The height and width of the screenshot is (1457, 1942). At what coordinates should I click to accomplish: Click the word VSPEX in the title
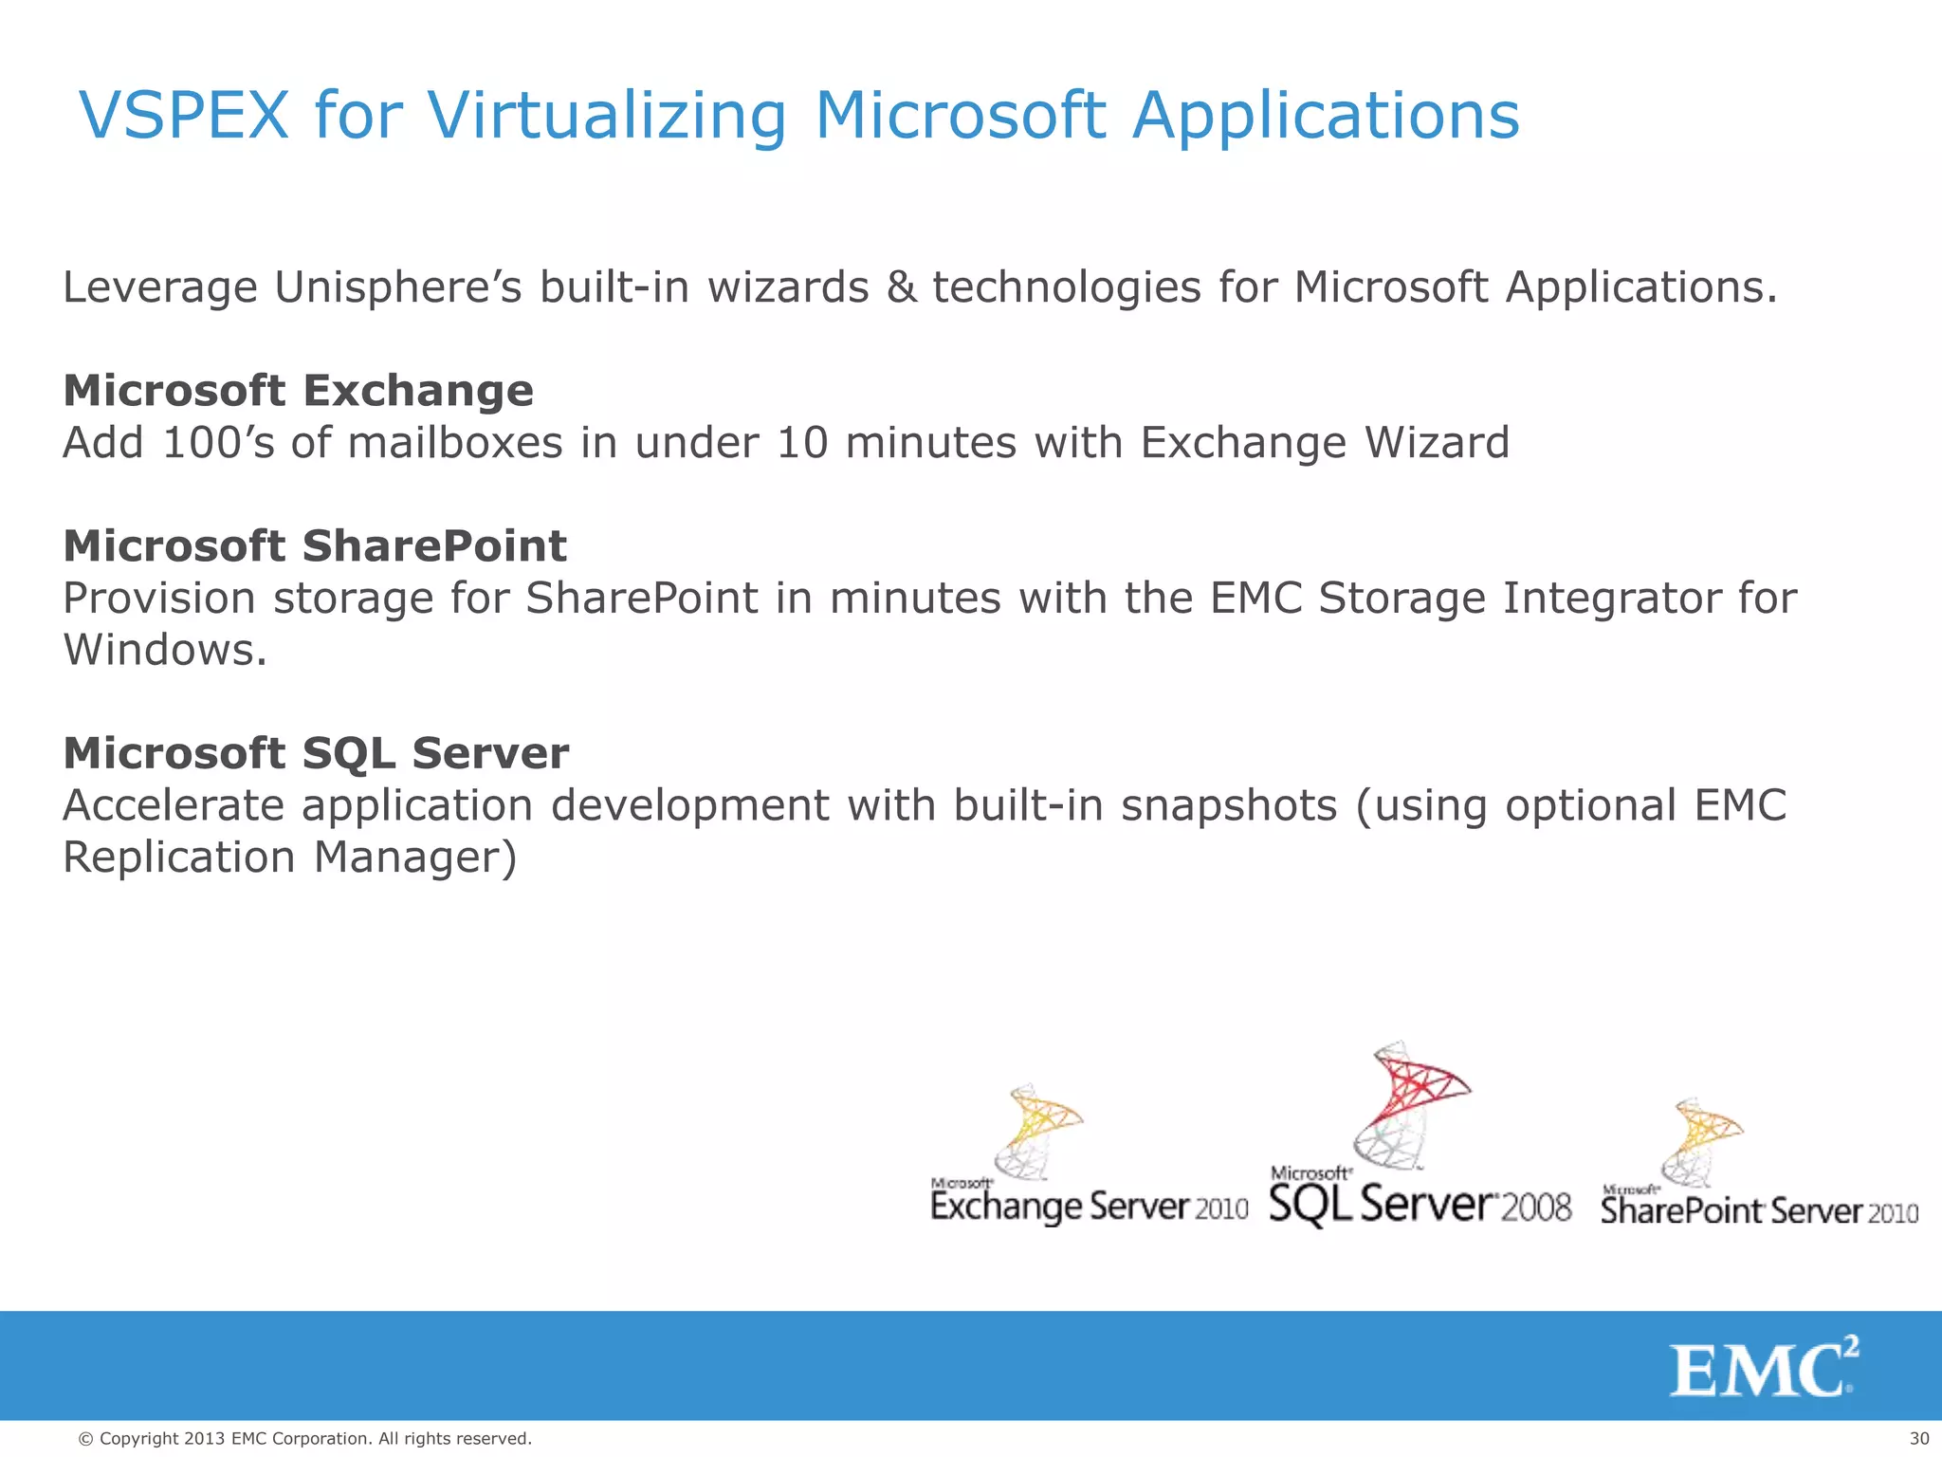click(x=184, y=116)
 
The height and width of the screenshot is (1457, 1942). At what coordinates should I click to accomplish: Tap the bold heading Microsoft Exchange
click(x=299, y=391)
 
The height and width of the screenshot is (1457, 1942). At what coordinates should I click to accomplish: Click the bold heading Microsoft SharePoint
click(x=315, y=546)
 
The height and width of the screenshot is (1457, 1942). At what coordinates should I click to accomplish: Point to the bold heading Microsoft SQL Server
click(x=316, y=753)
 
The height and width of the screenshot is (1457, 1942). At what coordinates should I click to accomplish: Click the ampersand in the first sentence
click(x=901, y=287)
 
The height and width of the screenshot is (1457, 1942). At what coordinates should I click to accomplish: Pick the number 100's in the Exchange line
click(x=218, y=443)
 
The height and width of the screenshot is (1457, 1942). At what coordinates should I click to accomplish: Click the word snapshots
click(x=1229, y=806)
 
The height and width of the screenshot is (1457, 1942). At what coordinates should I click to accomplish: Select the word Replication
click(x=179, y=858)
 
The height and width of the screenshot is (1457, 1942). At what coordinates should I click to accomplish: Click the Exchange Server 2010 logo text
click(x=1089, y=1207)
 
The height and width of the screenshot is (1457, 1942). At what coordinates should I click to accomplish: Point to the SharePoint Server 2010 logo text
click(x=1759, y=1211)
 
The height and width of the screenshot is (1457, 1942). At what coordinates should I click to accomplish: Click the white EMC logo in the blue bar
click(x=1763, y=1367)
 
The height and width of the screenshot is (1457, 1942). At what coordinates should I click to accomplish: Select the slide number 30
click(x=1918, y=1439)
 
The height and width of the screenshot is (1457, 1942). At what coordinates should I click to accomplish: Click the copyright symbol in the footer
click(x=85, y=1439)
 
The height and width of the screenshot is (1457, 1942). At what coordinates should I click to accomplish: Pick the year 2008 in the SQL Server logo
click(x=1536, y=1208)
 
